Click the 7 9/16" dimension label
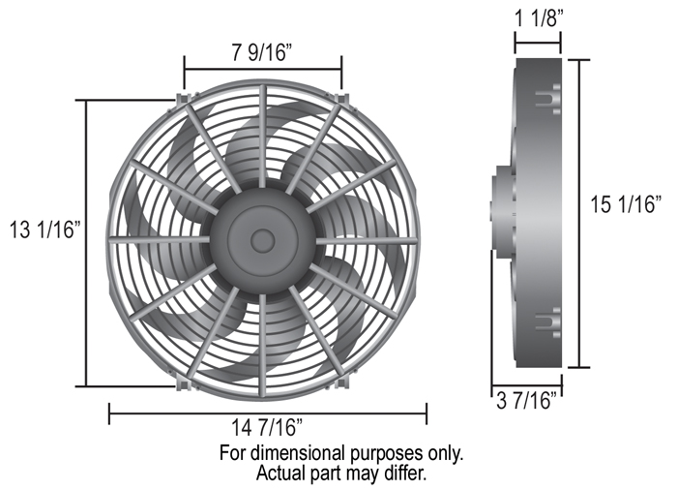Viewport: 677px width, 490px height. tap(262, 53)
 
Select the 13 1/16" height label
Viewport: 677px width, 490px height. tap(45, 230)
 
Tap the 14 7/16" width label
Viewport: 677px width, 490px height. tap(267, 428)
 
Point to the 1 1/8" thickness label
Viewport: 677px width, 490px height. tap(540, 18)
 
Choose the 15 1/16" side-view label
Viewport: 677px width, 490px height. tap(626, 204)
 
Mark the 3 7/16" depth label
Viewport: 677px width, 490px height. tap(530, 401)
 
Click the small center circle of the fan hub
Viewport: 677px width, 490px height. tap(262, 239)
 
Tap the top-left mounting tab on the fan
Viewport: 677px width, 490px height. tap(184, 98)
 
